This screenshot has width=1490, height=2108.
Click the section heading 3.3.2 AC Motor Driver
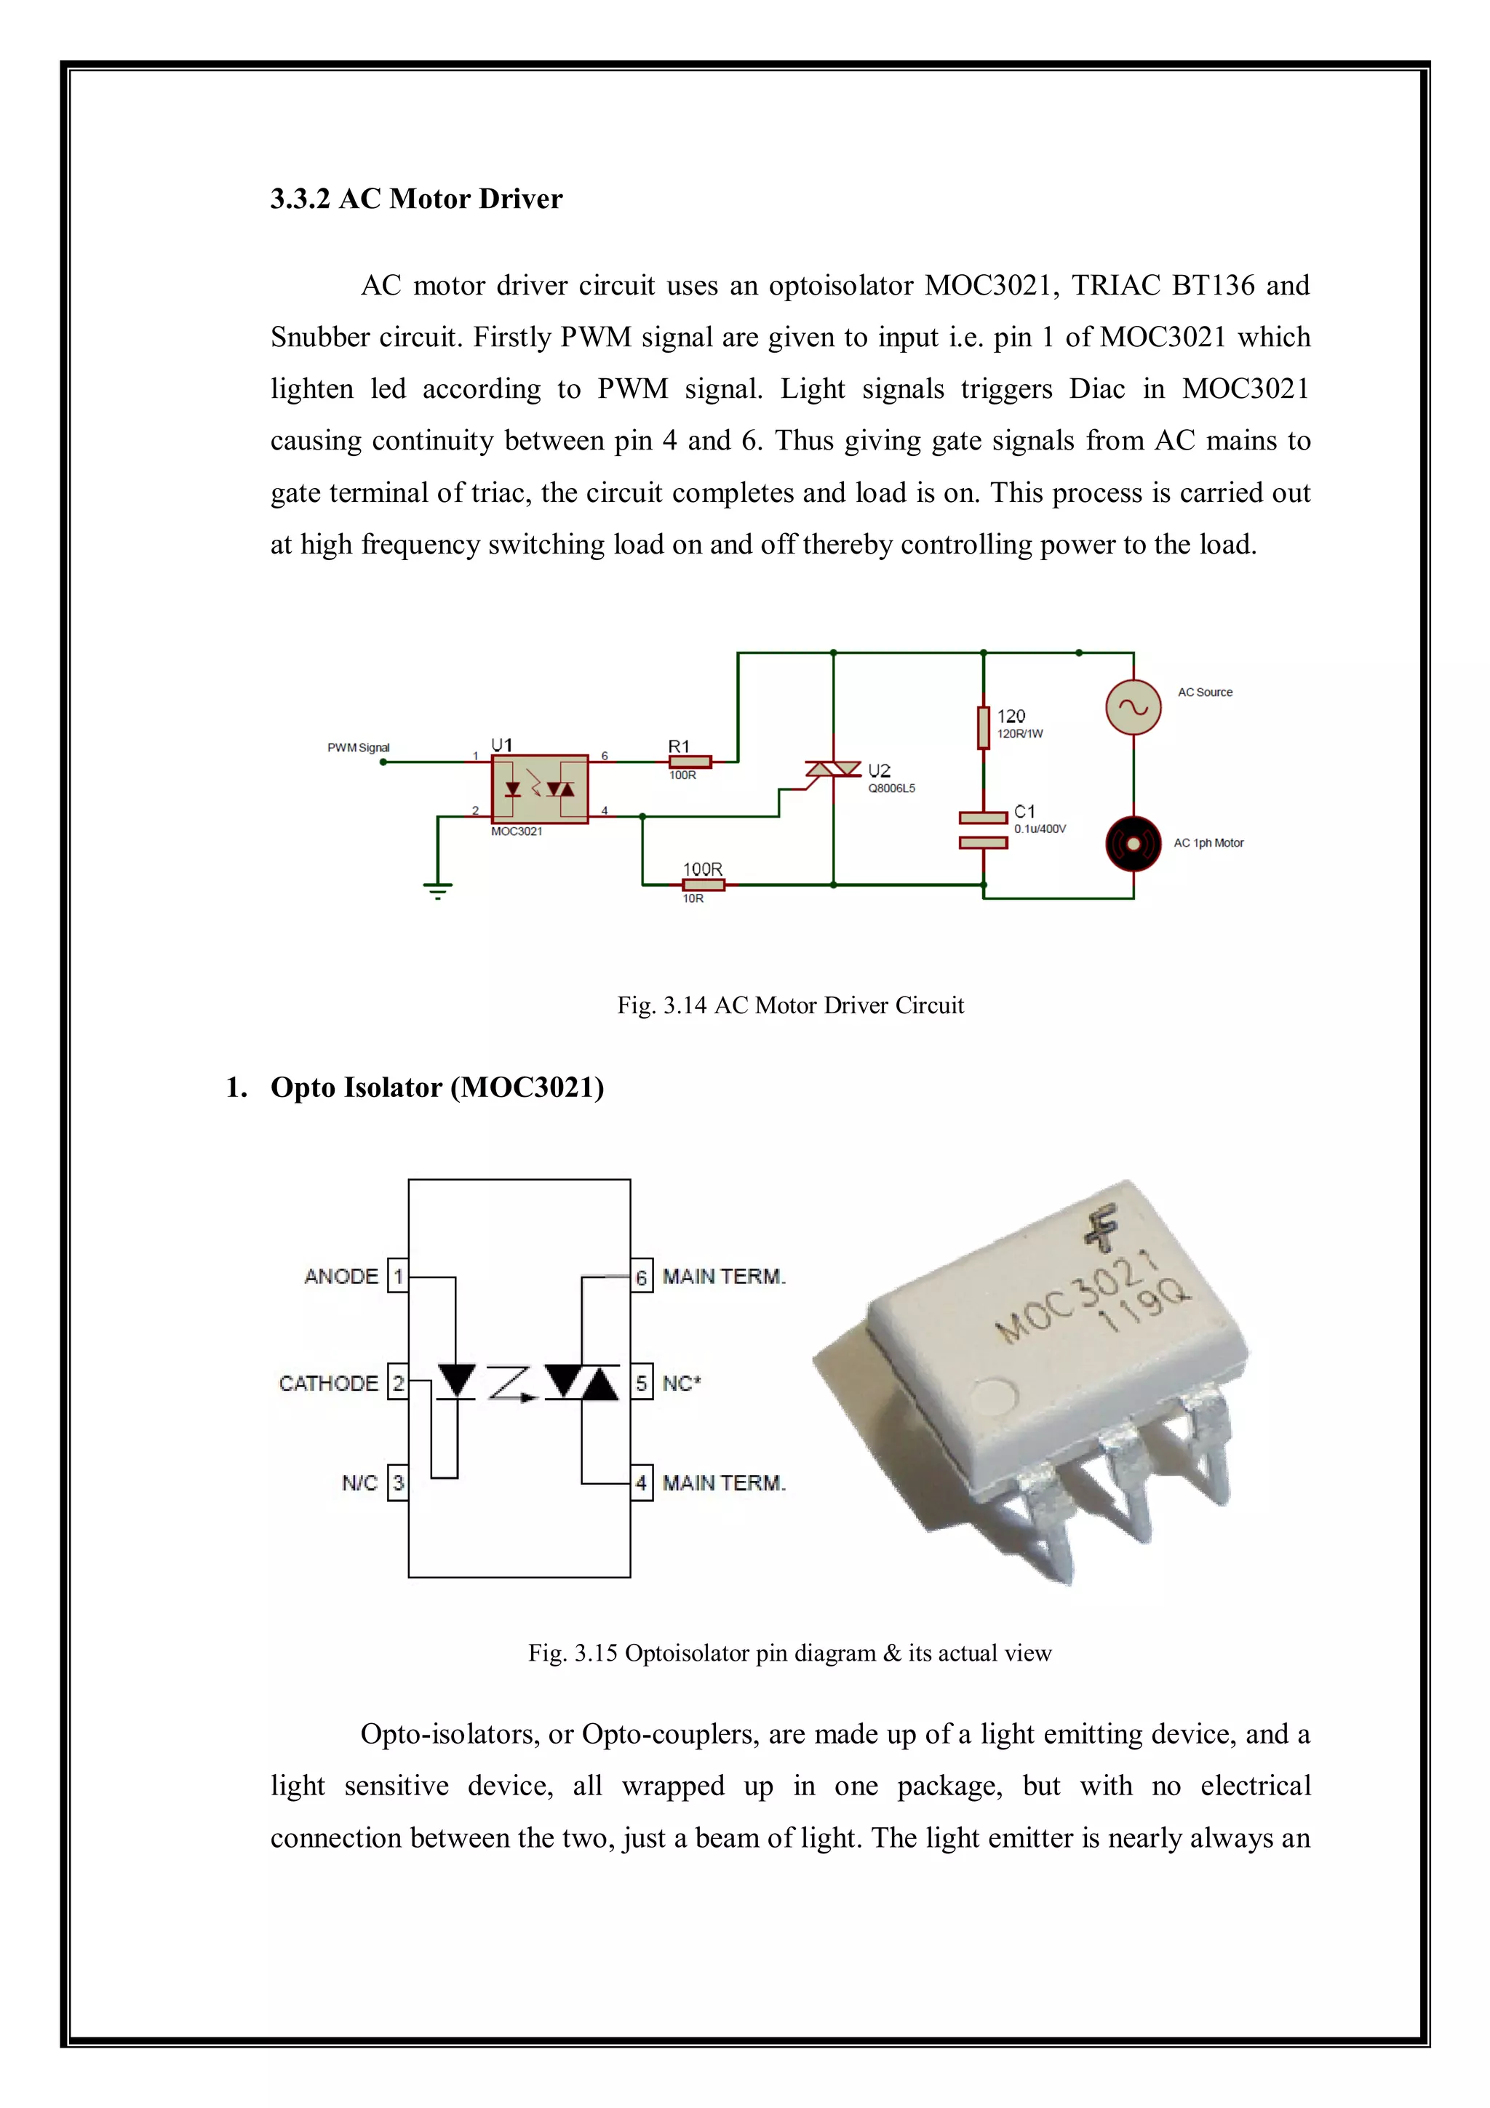pos(416,199)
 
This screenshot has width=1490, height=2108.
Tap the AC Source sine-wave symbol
pos(1133,707)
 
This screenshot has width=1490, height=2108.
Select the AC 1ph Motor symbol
pos(1133,843)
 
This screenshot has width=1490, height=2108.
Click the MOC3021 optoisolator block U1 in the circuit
pos(540,788)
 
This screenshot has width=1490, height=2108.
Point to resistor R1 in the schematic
pos(690,761)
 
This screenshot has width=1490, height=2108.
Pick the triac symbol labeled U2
pos(833,770)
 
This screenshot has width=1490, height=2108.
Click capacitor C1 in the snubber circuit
pos(983,829)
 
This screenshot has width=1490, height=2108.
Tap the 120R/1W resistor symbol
pos(983,727)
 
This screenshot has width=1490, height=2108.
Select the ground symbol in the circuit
pos(438,888)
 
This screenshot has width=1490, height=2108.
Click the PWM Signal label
pos(358,747)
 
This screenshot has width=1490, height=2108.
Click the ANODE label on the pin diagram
pos(341,1276)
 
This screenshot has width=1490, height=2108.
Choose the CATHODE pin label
pos(329,1383)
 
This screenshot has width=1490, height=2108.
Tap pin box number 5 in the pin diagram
pos(642,1383)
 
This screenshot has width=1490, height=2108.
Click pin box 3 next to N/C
pos(399,1482)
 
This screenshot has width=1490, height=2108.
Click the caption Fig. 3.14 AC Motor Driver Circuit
pos(790,1005)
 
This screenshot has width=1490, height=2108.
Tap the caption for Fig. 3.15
pos(789,1653)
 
